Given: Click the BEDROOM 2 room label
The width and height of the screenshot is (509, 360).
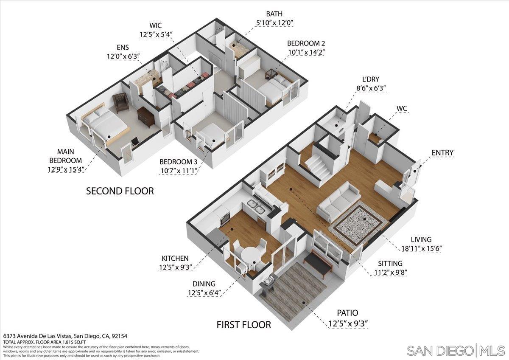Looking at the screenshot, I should point(306,43).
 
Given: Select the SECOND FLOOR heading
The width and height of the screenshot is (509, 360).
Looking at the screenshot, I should point(120,191).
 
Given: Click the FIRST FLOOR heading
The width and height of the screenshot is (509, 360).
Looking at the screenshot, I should point(243,325).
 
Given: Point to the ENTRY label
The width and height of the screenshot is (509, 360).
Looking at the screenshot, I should point(442,153).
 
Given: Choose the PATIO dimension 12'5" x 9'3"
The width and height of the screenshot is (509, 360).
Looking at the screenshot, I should point(348,324).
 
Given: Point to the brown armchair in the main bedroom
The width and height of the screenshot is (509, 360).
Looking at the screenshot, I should point(121,102).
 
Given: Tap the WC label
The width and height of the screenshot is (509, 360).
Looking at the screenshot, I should point(402,109).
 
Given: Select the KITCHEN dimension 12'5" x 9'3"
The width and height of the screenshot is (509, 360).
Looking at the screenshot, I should point(176,267).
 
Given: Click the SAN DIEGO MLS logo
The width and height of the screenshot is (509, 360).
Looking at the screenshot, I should point(456,351).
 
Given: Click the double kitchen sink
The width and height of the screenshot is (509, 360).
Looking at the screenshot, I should point(256,207).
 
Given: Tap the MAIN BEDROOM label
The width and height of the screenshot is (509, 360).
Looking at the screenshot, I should point(65,160).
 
